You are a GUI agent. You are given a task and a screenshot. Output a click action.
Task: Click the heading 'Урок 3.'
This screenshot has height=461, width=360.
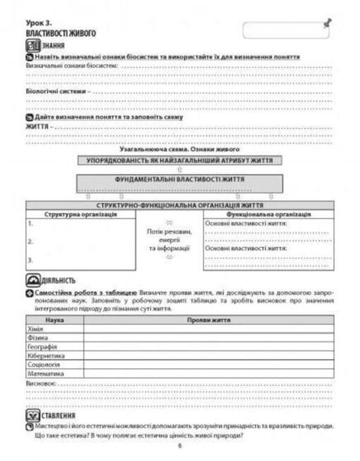[39, 23]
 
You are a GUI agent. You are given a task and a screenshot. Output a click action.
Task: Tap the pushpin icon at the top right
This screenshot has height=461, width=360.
[326, 23]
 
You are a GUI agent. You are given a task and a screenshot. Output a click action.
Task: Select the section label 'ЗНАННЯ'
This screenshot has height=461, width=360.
[53, 45]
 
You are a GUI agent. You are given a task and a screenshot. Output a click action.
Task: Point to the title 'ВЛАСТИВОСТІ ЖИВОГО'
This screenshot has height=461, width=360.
[61, 34]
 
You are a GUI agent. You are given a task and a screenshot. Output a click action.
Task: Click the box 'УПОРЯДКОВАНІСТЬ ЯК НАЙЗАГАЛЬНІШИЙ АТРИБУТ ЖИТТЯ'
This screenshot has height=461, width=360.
[179, 161]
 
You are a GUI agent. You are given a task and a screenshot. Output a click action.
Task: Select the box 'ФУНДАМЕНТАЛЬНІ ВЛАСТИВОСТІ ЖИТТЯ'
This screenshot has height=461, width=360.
[179, 179]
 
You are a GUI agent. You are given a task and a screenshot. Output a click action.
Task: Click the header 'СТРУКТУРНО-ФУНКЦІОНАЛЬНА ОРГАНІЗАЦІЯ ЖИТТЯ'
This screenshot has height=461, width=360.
[179, 205]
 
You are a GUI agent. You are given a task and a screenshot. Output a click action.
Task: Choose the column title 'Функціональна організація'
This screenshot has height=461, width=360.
[268, 214]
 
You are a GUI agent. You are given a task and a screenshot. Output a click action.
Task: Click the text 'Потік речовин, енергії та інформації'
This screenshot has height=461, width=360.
[169, 240]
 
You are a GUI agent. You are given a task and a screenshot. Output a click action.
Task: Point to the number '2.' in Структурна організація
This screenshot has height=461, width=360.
[30, 242]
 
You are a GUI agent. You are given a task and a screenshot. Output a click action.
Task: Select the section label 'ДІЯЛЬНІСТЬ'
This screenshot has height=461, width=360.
[59, 280]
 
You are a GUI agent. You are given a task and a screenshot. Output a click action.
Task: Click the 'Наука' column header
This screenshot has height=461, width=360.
[55, 320]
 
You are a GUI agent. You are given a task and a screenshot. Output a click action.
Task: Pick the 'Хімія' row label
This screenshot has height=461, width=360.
[35, 329]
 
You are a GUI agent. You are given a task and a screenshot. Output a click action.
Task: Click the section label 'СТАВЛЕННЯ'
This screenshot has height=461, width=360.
[59, 415]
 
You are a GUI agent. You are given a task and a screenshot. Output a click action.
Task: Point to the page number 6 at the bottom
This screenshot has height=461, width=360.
[179, 445]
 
